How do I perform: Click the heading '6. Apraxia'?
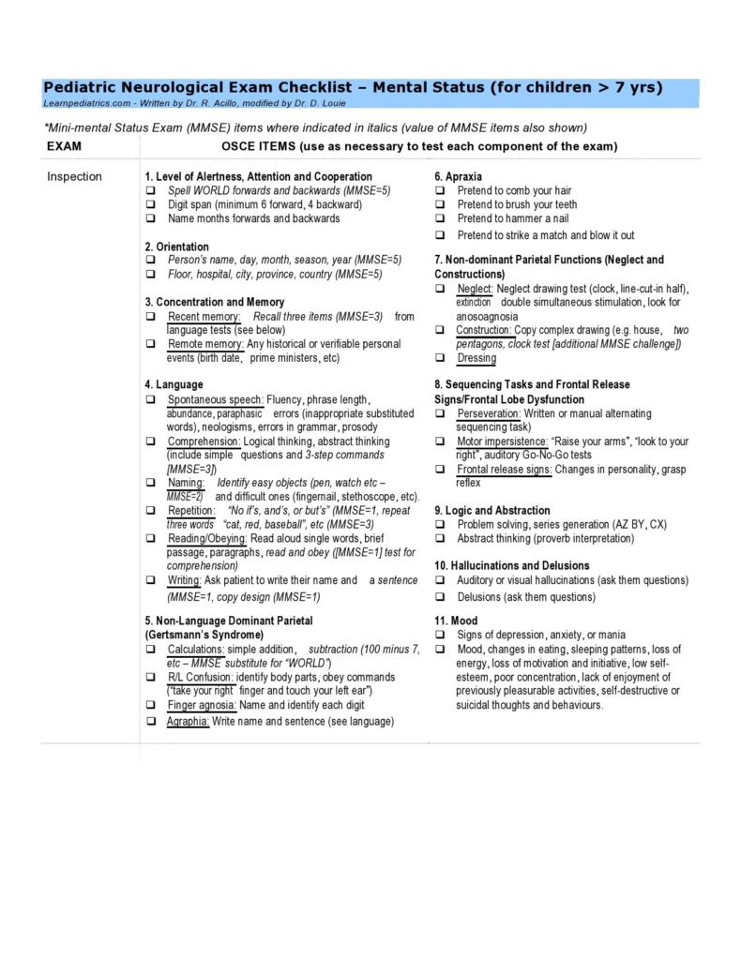click(459, 176)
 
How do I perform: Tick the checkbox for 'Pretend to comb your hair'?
click(440, 190)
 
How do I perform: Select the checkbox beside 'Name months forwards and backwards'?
click(150, 218)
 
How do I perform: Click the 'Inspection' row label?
click(74, 176)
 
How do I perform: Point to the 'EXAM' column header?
click(64, 146)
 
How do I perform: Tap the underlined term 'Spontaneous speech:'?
click(216, 399)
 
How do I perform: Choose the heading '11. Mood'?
click(456, 621)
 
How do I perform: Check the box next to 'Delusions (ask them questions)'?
click(440, 597)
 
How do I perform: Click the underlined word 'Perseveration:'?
click(489, 413)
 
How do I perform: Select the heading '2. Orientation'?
click(177, 247)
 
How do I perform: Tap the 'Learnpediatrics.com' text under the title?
click(80, 103)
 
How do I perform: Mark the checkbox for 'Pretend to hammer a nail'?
click(440, 218)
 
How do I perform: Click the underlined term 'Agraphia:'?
click(189, 722)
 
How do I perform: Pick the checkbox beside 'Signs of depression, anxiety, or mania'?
click(440, 635)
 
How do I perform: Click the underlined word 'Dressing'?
click(476, 358)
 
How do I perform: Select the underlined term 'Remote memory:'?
click(205, 344)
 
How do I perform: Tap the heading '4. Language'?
click(174, 384)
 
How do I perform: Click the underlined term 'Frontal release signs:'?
click(505, 469)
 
